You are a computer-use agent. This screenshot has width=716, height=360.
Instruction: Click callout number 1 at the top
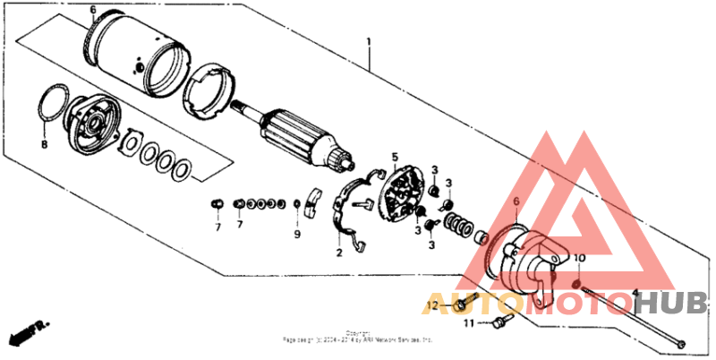[x=368, y=41]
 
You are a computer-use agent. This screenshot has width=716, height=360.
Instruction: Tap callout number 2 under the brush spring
[x=339, y=253]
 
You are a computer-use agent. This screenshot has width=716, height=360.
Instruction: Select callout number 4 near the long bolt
[x=635, y=293]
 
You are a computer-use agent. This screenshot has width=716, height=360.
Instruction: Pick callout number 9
[x=297, y=235]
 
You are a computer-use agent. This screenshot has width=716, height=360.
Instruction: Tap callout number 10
[x=578, y=259]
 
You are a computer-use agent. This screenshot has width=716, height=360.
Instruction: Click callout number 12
[x=432, y=305]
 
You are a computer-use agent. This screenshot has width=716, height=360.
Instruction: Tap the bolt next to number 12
[x=460, y=305]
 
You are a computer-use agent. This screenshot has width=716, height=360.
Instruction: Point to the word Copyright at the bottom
[x=358, y=332]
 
